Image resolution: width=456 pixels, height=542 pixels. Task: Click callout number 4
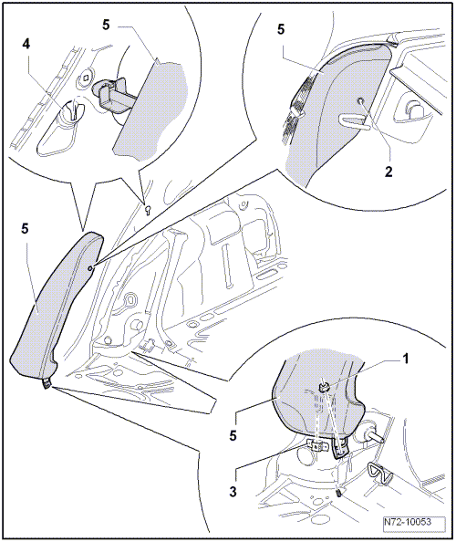click(x=26, y=44)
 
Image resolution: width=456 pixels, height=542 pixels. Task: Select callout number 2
click(x=389, y=172)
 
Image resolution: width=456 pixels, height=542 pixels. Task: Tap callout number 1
click(x=406, y=360)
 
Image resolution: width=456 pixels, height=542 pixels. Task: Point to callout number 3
click(x=233, y=491)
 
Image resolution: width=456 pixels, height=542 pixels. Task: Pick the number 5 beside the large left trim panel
click(x=25, y=228)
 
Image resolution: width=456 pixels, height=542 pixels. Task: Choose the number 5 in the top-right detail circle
click(x=281, y=29)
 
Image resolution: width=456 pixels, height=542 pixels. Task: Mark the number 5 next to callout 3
click(x=233, y=436)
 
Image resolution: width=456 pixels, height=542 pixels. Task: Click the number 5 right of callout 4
click(x=106, y=25)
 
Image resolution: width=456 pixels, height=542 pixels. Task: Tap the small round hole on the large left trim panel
click(x=90, y=267)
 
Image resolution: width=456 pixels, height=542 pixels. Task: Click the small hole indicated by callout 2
click(x=360, y=101)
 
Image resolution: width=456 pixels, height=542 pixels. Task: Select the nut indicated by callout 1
click(x=324, y=387)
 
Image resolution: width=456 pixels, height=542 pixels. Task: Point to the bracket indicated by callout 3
click(x=317, y=445)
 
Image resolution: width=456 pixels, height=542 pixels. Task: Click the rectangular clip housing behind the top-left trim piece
click(x=110, y=95)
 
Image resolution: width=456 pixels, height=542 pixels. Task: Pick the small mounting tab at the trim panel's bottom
click(x=47, y=383)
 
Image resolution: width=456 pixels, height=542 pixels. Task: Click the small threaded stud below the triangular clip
click(x=339, y=494)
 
